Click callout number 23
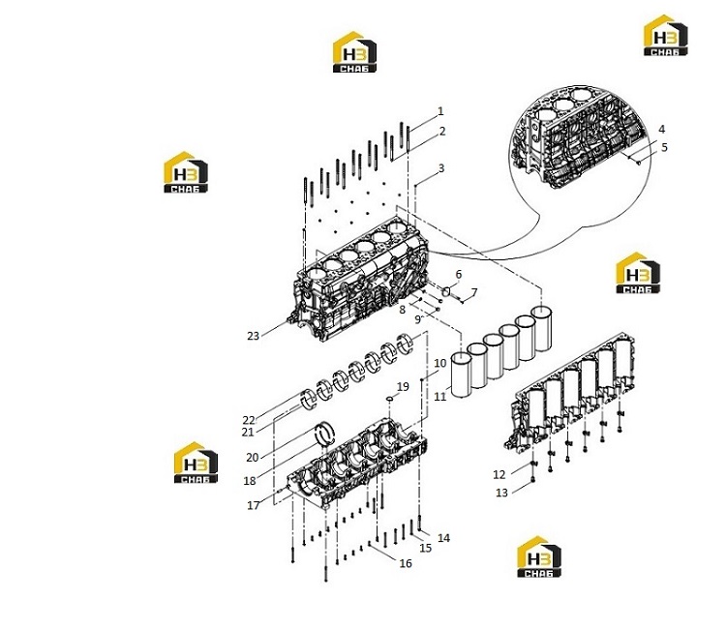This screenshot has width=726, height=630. pyautogui.click(x=253, y=336)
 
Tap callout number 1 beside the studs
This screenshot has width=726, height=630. pyautogui.click(x=440, y=111)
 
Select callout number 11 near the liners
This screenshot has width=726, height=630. pyautogui.click(x=439, y=396)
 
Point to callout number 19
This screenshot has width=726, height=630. pyautogui.click(x=403, y=386)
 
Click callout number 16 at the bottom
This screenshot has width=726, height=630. pyautogui.click(x=406, y=563)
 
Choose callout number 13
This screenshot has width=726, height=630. pyautogui.click(x=501, y=493)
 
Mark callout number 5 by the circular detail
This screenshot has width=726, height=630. pyautogui.click(x=664, y=147)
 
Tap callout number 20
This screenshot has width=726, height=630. pyautogui.click(x=253, y=458)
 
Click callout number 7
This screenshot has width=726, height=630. pyautogui.click(x=474, y=292)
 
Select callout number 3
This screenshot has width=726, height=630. pyautogui.click(x=441, y=168)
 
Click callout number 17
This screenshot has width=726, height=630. pyautogui.click(x=254, y=505)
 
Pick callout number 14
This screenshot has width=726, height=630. pyautogui.click(x=443, y=538)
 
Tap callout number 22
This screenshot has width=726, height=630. pyautogui.click(x=249, y=420)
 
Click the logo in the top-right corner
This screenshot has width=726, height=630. pyautogui.click(x=666, y=35)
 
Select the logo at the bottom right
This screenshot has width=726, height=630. pyautogui.click(x=539, y=556)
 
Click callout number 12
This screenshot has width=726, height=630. pyautogui.click(x=499, y=474)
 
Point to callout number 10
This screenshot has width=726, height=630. pyautogui.click(x=439, y=363)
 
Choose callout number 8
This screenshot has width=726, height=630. pyautogui.click(x=403, y=310)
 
